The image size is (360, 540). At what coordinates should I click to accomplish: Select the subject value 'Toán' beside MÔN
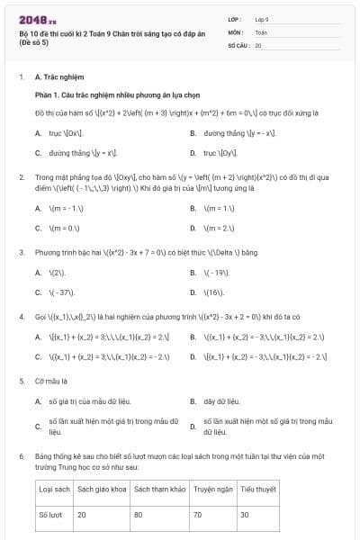[x=261, y=31]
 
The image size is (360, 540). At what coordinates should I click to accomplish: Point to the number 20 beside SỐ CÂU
[x=258, y=45]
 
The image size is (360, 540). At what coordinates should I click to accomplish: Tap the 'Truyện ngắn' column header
[x=212, y=490]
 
